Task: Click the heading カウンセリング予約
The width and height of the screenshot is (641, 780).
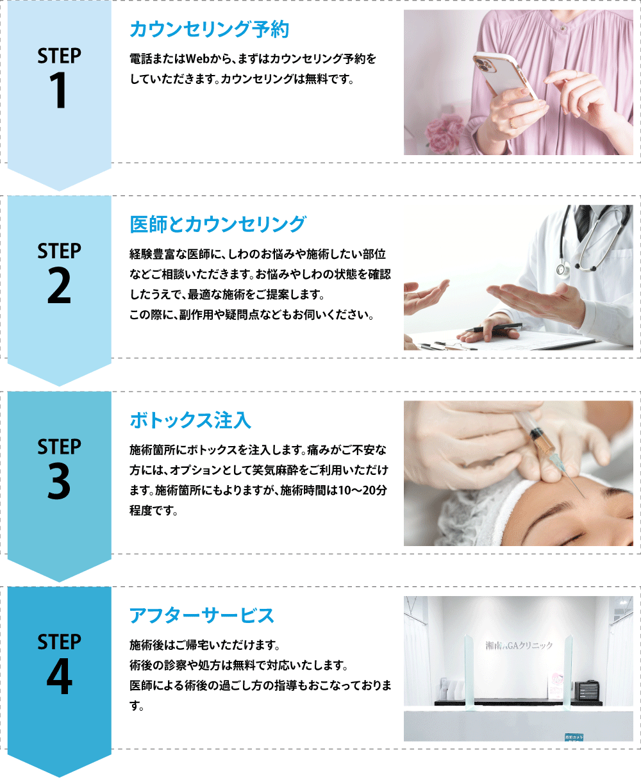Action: point(209,29)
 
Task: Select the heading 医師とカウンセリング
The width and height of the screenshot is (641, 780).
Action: point(217,224)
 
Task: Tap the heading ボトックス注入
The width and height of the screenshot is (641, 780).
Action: point(190,420)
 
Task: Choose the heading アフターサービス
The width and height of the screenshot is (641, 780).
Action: point(201,615)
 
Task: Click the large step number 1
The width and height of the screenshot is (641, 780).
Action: point(58,90)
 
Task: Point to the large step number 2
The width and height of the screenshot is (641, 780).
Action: point(59,285)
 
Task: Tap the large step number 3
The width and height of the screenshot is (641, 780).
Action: point(59,481)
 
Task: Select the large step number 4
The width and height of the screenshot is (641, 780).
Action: point(59,676)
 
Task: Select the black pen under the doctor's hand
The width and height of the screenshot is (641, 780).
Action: point(494,328)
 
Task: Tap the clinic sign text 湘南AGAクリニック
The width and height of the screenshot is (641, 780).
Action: point(519,645)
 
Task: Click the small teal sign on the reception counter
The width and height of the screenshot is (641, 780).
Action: point(574,737)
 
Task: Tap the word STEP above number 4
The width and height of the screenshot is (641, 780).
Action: point(59,642)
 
